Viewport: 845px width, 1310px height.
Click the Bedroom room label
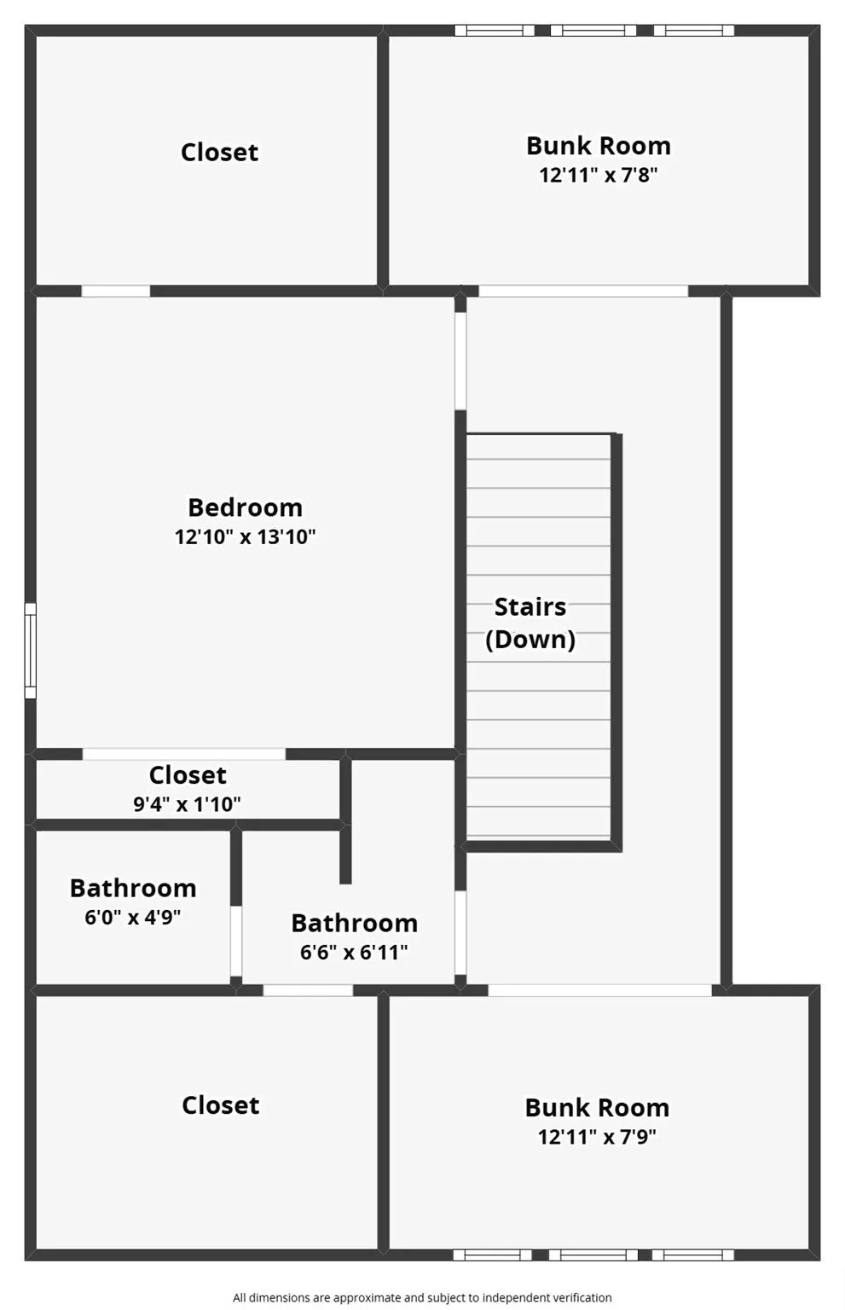pyautogui.click(x=245, y=507)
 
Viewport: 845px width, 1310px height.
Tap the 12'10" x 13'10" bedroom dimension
pyautogui.click(x=245, y=536)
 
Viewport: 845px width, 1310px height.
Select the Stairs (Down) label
pyautogui.click(x=530, y=623)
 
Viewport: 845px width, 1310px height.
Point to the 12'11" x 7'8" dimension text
pyautogui.click(x=599, y=175)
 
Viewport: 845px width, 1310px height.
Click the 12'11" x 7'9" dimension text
pyautogui.click(x=597, y=1137)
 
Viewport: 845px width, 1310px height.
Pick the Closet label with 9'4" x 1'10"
pyautogui.click(x=187, y=775)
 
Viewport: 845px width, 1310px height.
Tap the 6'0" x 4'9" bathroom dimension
pyautogui.click(x=133, y=917)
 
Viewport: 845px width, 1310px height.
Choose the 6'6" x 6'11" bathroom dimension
pyautogui.click(x=354, y=952)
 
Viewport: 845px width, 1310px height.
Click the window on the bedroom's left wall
pyautogui.click(x=31, y=651)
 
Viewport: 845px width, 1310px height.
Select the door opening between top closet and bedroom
pyautogui.click(x=116, y=291)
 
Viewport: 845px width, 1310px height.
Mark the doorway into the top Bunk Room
pyautogui.click(x=583, y=291)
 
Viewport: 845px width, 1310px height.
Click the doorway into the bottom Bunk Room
pyautogui.click(x=600, y=990)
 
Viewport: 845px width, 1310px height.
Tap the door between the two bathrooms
pyautogui.click(x=235, y=941)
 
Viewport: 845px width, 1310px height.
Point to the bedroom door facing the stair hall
pyautogui.click(x=460, y=361)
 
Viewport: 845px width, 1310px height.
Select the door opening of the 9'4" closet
pyautogui.click(x=184, y=754)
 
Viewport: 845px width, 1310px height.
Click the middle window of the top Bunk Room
pyautogui.click(x=593, y=31)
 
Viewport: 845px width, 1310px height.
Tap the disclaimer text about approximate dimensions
pyautogui.click(x=422, y=1298)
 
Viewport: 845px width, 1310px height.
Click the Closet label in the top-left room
pyautogui.click(x=219, y=153)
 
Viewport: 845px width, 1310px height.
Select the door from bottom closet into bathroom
pyautogui.click(x=308, y=990)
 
